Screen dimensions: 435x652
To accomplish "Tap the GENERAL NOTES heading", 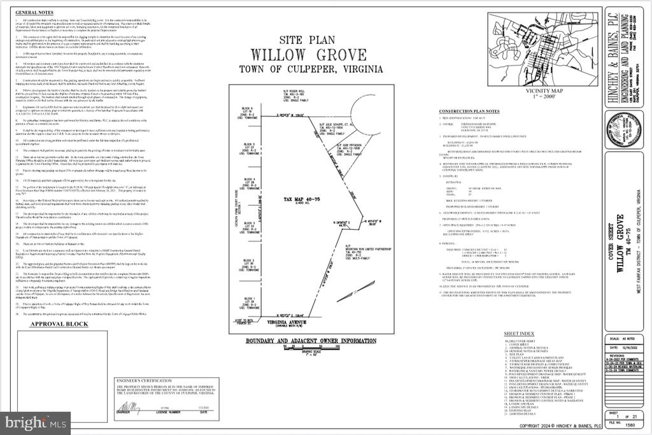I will click(35, 13).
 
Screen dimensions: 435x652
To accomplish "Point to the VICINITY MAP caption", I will click(541, 91).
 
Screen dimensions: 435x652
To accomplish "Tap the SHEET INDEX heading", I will click(520, 334).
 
